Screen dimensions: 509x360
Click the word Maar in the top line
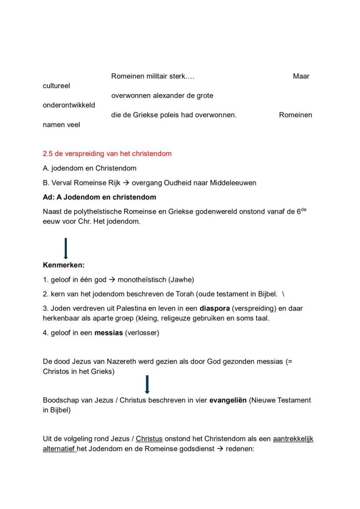coord(301,77)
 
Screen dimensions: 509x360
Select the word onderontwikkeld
coord(69,105)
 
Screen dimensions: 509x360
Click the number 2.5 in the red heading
coord(48,154)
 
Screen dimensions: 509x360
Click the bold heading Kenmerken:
coord(63,265)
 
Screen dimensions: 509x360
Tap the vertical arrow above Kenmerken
coord(65,248)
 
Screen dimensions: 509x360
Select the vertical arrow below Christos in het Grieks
coord(147,385)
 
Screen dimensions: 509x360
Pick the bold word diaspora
coord(214,308)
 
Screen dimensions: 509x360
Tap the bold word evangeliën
coord(228,400)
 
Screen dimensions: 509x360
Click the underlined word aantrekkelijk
coord(293,439)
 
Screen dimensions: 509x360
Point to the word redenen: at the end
coord(239,449)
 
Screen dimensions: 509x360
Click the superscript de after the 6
coord(303,209)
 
